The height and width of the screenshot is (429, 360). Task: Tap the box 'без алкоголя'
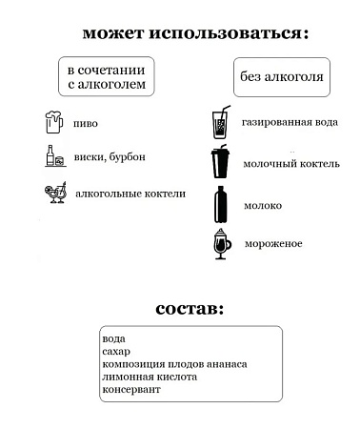(282, 77)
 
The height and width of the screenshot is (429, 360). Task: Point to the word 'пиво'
(86, 123)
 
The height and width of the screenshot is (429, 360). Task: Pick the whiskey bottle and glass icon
(53, 155)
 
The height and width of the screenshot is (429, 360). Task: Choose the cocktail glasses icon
(55, 194)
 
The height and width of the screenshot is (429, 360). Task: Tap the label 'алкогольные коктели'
(130, 194)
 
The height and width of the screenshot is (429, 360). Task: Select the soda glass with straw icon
(219, 123)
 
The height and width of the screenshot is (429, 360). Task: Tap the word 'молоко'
(264, 205)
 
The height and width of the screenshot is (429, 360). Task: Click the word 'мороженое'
(273, 244)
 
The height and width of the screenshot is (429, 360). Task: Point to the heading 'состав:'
(191, 310)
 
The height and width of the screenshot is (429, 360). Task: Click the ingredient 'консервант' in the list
(131, 390)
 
